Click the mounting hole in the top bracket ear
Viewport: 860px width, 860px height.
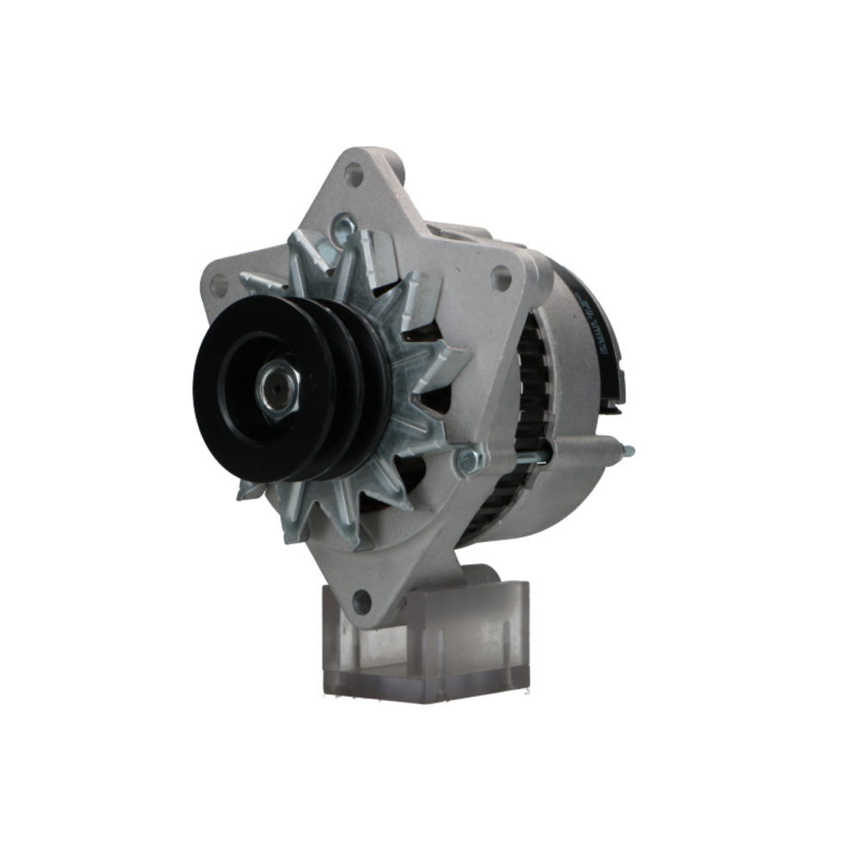pos(353,175)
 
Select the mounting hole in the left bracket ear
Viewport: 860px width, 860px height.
pos(218,284)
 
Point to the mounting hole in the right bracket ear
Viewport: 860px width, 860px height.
pos(501,277)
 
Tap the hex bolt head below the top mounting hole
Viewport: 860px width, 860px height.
pos(344,225)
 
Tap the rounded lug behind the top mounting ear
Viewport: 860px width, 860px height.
pos(392,160)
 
